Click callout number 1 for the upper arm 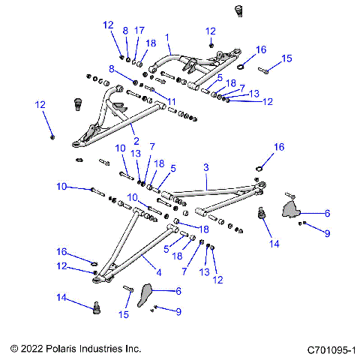point(166,36)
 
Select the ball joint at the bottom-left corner point(96,307)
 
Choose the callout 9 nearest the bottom point(178,311)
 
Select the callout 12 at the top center point(210,31)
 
